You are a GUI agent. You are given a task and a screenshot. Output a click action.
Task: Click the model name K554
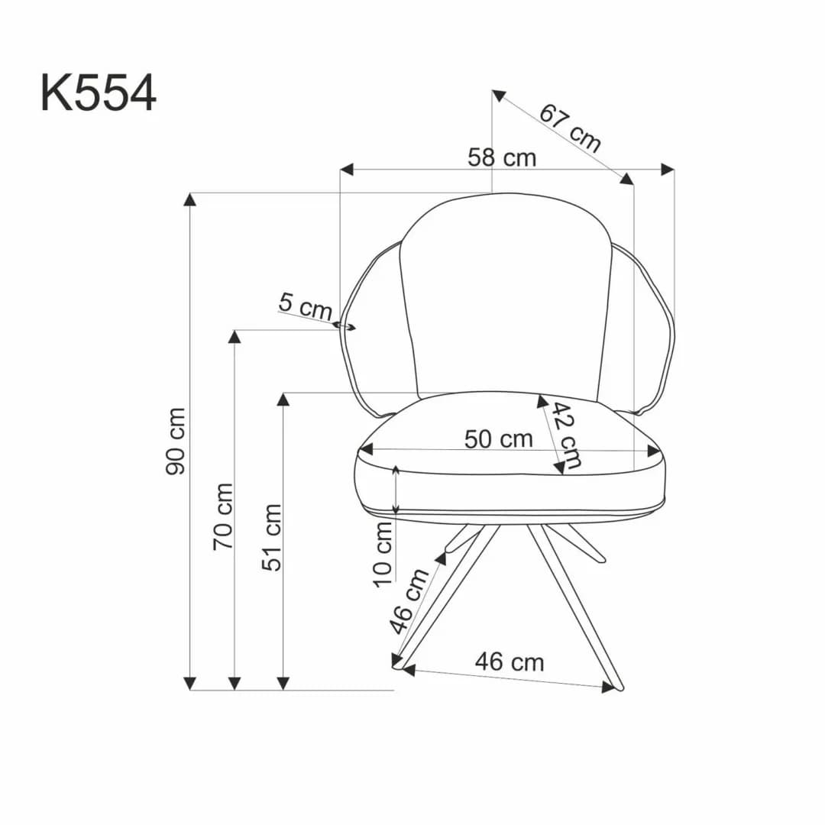(x=98, y=94)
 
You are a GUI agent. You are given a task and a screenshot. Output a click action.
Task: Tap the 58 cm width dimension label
(x=502, y=158)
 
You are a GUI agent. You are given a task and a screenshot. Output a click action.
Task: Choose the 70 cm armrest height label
(x=223, y=516)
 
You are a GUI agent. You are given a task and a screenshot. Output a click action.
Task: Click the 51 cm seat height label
(x=272, y=537)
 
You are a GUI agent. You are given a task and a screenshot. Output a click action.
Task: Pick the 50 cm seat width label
(x=498, y=439)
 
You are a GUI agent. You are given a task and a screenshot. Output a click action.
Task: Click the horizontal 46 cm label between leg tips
(x=510, y=662)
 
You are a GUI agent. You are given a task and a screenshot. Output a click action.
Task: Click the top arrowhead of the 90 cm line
(x=190, y=199)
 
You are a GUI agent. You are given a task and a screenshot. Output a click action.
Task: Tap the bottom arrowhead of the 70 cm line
(x=235, y=683)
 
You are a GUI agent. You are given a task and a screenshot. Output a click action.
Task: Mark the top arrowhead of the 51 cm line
(x=283, y=400)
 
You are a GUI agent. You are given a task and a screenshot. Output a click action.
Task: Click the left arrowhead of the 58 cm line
(x=347, y=169)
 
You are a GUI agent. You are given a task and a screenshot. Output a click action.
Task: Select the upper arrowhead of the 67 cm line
(x=498, y=95)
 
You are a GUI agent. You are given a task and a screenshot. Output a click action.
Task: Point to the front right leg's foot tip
(x=619, y=687)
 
